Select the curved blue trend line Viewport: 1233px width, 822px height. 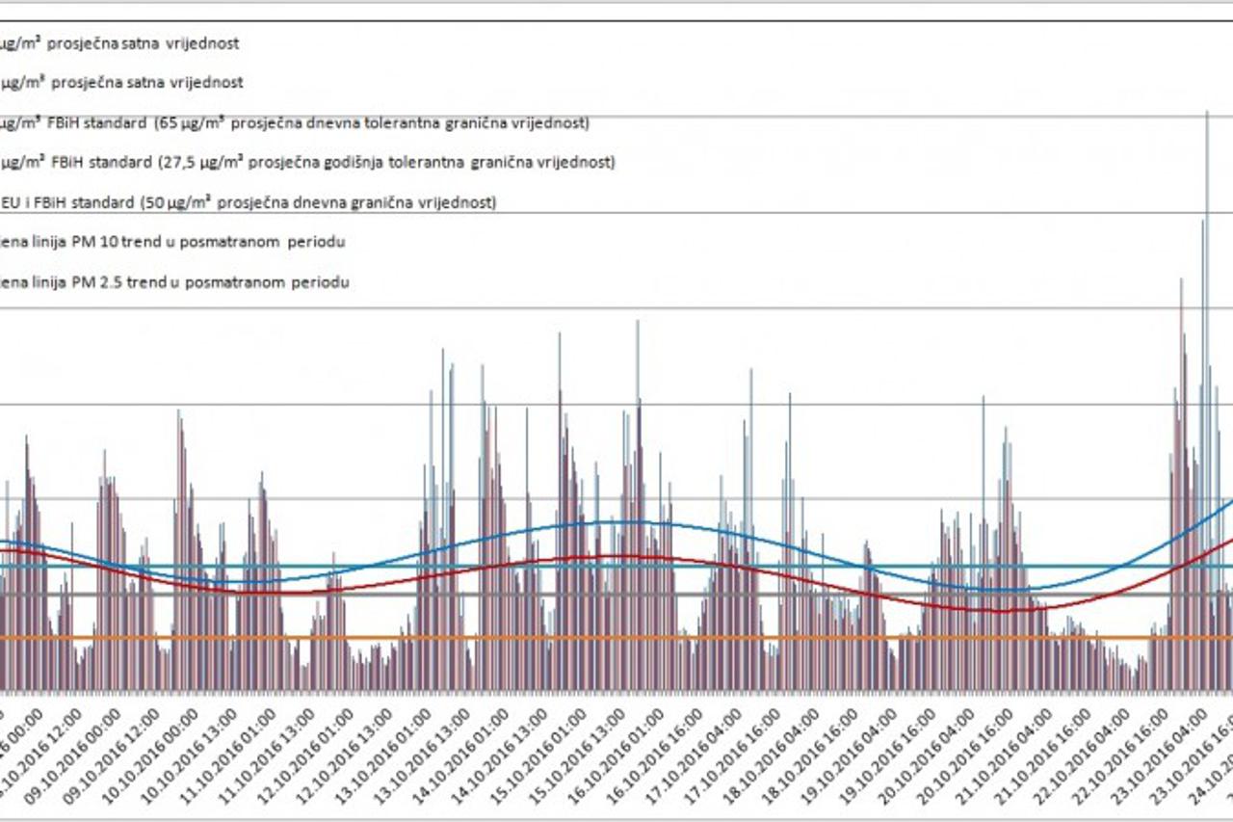click(x=616, y=521)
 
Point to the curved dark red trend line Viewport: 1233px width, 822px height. click(x=616, y=558)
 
